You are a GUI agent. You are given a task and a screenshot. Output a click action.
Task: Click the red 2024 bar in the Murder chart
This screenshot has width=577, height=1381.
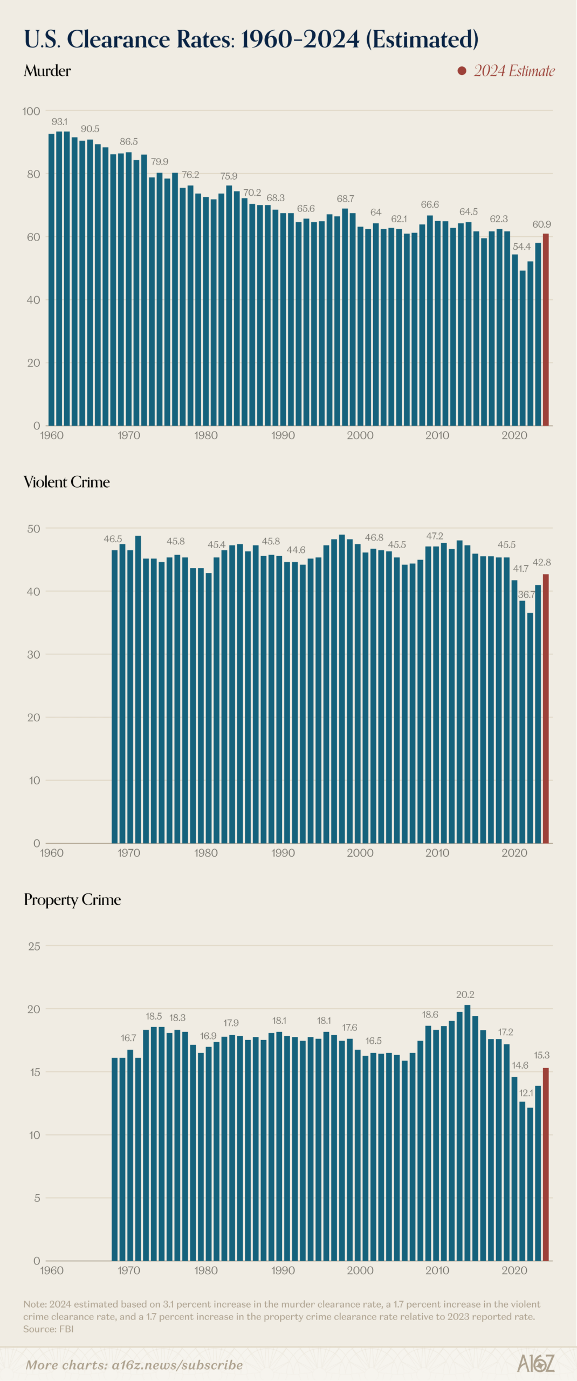coord(546,330)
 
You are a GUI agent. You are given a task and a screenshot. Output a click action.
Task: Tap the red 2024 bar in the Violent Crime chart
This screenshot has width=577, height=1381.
coord(546,708)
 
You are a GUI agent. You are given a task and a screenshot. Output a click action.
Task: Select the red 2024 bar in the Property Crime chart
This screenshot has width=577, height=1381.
coord(546,1164)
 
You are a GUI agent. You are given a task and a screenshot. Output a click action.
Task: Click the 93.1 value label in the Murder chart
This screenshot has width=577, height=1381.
coord(59,122)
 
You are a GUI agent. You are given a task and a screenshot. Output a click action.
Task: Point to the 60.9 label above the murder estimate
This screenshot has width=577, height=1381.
coord(541,224)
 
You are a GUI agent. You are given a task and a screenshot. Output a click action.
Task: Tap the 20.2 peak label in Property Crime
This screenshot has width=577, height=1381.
coord(465,994)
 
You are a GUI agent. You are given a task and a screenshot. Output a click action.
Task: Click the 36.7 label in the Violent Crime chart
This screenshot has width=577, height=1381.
coord(526,594)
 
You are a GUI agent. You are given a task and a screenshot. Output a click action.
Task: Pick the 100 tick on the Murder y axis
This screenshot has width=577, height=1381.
coord(31,111)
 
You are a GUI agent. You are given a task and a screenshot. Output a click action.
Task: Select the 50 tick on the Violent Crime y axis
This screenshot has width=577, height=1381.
coord(33,529)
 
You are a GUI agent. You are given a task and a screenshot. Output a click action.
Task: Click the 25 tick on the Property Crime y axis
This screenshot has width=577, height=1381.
coord(34,946)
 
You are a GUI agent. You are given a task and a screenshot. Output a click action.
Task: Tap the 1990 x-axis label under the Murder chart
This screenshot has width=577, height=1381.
coord(283,435)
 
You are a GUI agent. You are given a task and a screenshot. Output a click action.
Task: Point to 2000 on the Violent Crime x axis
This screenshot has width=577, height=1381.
coord(360,853)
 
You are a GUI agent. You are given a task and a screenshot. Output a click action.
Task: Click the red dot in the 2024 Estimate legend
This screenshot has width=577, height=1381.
coord(462,71)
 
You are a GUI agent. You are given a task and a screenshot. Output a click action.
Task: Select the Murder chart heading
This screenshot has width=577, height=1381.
coord(47,71)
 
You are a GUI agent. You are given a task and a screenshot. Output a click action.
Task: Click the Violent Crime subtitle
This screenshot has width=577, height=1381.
coord(67,482)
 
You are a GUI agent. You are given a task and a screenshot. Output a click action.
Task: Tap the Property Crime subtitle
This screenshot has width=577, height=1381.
coord(72,899)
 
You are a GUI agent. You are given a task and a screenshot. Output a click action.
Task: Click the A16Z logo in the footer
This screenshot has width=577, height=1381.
coord(535,1364)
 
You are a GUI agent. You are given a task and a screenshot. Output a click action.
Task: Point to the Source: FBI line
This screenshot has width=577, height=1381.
coord(49,1329)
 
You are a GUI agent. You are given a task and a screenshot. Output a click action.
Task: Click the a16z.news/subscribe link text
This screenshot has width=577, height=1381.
coord(177,1365)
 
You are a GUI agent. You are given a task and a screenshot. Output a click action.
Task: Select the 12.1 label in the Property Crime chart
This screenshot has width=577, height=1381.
coord(526,1093)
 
